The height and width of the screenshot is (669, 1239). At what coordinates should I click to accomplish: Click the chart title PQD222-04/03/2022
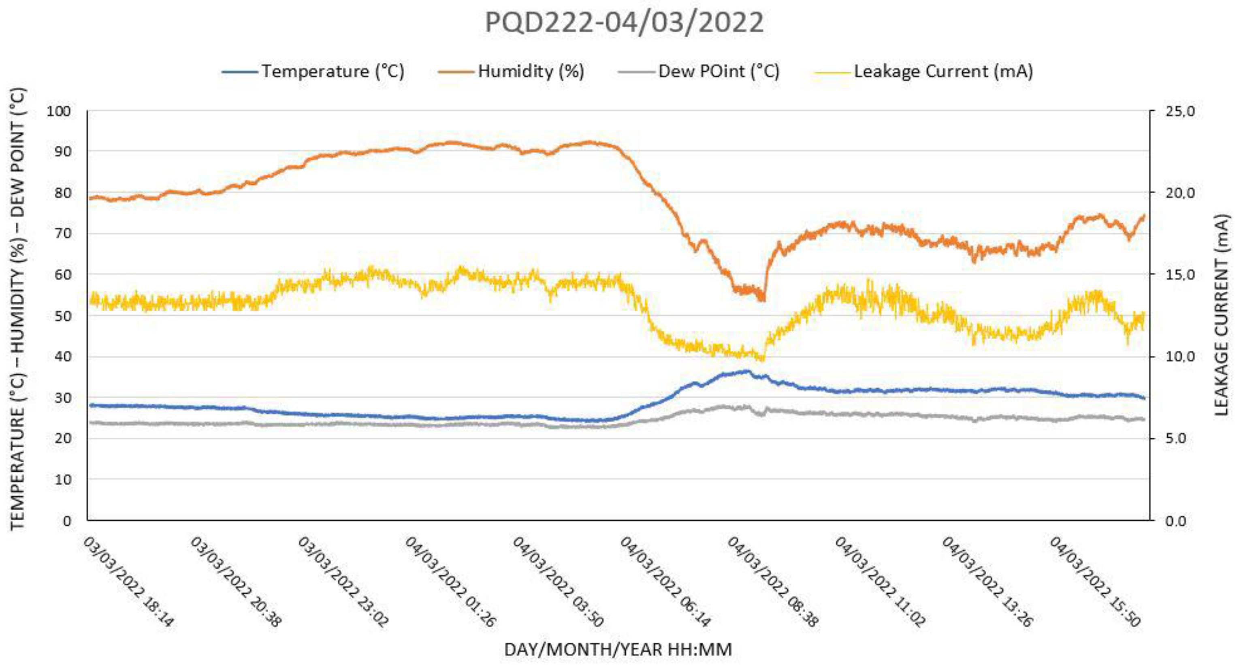[x=624, y=23]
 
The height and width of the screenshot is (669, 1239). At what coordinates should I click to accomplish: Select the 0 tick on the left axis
[x=67, y=521]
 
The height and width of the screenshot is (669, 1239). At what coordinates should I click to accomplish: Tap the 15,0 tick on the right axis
[x=1179, y=275]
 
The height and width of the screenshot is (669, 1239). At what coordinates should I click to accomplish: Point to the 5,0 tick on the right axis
[x=1177, y=439]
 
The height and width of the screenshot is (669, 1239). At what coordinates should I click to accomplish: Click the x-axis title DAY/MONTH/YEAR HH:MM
[x=618, y=650]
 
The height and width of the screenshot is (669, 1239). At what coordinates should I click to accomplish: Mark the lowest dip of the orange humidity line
[x=763, y=300]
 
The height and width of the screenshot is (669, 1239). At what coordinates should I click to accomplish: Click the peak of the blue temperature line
[x=746, y=371]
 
